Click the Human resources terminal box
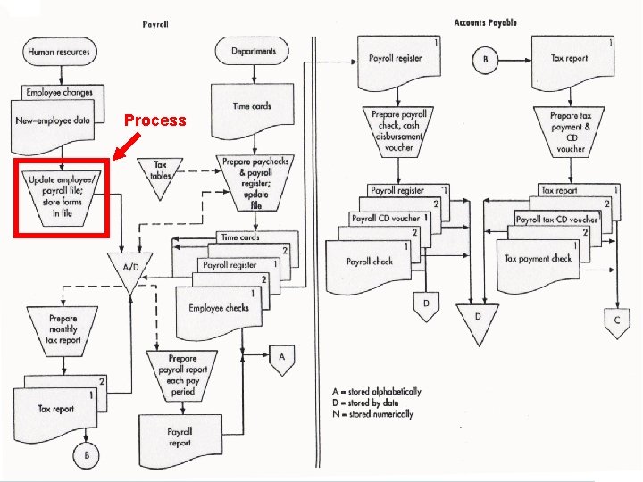coord(59,52)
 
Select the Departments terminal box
coord(254,52)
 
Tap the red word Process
coord(154,120)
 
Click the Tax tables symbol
coord(161,170)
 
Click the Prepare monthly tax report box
coord(63,328)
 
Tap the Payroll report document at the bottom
coord(180,437)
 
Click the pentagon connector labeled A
coord(282,358)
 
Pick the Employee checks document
coord(218,309)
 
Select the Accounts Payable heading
coord(485,23)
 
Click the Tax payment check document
coord(538,259)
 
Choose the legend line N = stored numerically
coord(370,414)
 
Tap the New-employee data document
coord(54,120)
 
